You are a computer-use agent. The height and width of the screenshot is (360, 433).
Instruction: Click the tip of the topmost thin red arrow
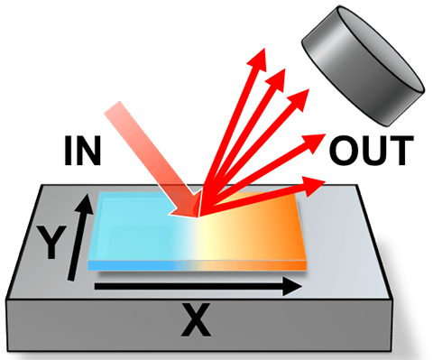tap(263, 54)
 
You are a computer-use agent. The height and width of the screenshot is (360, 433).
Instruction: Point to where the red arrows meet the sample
tap(200, 213)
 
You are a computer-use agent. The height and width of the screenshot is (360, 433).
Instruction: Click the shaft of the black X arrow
tap(180, 288)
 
